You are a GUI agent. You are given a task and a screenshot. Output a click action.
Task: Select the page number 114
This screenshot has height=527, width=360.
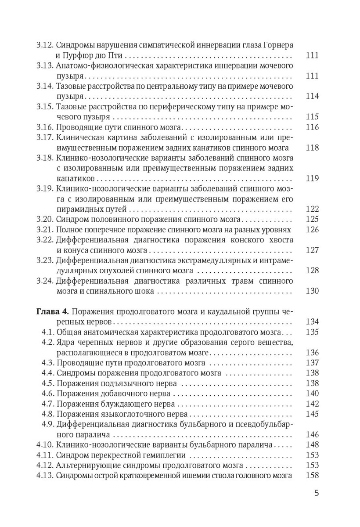[312, 97]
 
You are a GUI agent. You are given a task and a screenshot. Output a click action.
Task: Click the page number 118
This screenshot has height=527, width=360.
[312, 148]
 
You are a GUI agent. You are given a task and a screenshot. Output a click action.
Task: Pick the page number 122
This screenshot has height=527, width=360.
[312, 209]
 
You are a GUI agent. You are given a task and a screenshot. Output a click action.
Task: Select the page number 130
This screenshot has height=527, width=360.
[312, 291]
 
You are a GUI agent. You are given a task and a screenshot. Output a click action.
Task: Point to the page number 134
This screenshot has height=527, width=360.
[312, 321]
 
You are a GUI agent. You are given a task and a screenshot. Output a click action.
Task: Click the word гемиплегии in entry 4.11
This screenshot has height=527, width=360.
[165, 455]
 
